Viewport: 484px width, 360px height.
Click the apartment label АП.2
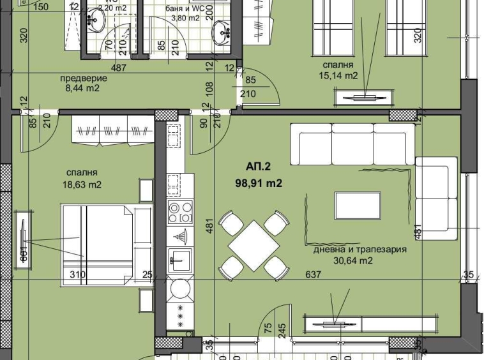tap(258, 167)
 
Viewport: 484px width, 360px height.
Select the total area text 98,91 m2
tap(259, 183)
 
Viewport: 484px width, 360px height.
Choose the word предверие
tap(83, 78)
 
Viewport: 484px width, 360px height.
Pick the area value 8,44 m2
tap(83, 89)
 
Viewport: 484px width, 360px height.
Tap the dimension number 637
tap(313, 274)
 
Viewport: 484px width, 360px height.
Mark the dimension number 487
tap(118, 67)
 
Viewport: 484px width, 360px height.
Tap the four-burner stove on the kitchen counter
tap(179, 212)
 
